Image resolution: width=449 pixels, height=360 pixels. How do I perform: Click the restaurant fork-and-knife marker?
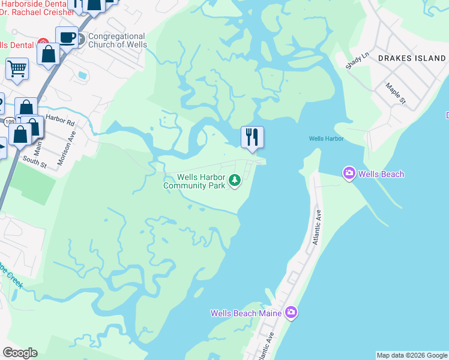(x=252, y=137)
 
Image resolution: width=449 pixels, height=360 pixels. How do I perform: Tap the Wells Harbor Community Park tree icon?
(x=236, y=179)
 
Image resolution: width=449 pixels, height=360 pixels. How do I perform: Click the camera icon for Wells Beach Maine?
(x=291, y=313)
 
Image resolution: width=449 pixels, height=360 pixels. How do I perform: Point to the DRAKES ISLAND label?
(x=412, y=59)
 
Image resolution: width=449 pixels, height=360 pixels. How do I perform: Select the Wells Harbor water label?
(x=326, y=139)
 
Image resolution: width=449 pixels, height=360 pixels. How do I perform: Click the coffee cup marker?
(x=67, y=38)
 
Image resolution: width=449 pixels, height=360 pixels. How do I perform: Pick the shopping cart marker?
(x=17, y=68)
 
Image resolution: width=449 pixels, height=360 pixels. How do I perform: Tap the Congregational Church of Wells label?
(x=117, y=40)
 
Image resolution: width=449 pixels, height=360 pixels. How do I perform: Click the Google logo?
(x=20, y=353)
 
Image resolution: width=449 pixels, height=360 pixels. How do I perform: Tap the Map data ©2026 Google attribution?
(x=412, y=355)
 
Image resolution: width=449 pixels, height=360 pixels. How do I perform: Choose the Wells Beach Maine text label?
(x=247, y=313)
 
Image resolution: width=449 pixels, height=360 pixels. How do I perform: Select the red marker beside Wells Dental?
(x=43, y=43)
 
